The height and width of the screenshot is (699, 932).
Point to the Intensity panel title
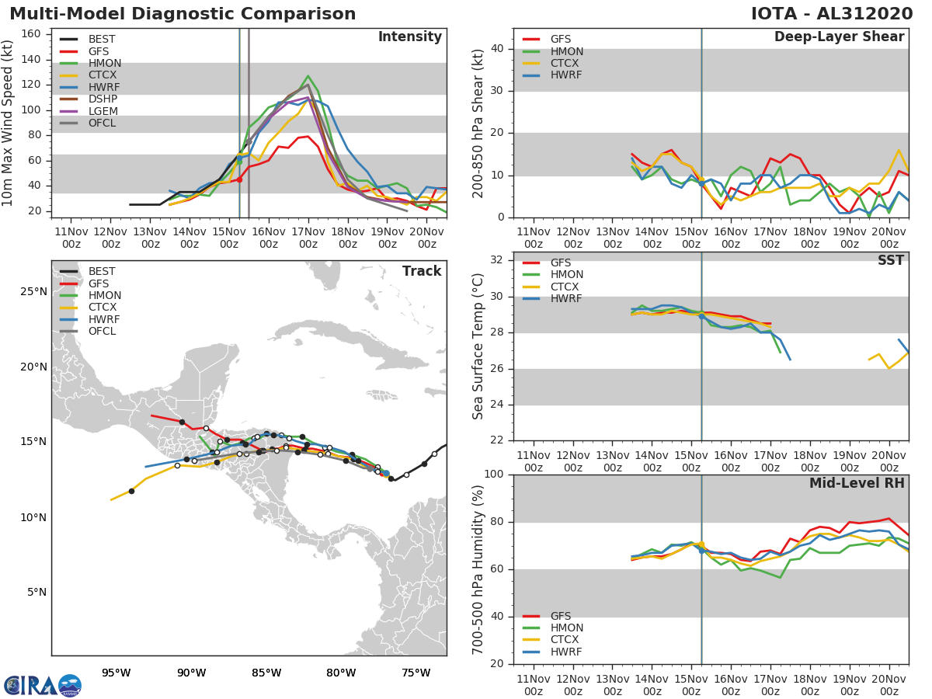click(x=409, y=37)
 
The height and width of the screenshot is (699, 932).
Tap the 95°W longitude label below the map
click(x=116, y=673)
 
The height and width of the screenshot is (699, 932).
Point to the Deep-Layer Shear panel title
click(x=839, y=37)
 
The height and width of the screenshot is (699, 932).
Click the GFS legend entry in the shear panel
click(x=561, y=40)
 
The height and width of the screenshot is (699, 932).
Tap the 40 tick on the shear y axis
click(x=498, y=49)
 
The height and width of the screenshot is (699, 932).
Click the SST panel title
click(x=890, y=261)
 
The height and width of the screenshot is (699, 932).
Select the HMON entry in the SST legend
click(x=566, y=275)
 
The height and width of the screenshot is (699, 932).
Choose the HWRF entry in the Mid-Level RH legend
click(x=565, y=652)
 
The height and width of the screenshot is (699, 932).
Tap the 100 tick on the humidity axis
click(x=494, y=475)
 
